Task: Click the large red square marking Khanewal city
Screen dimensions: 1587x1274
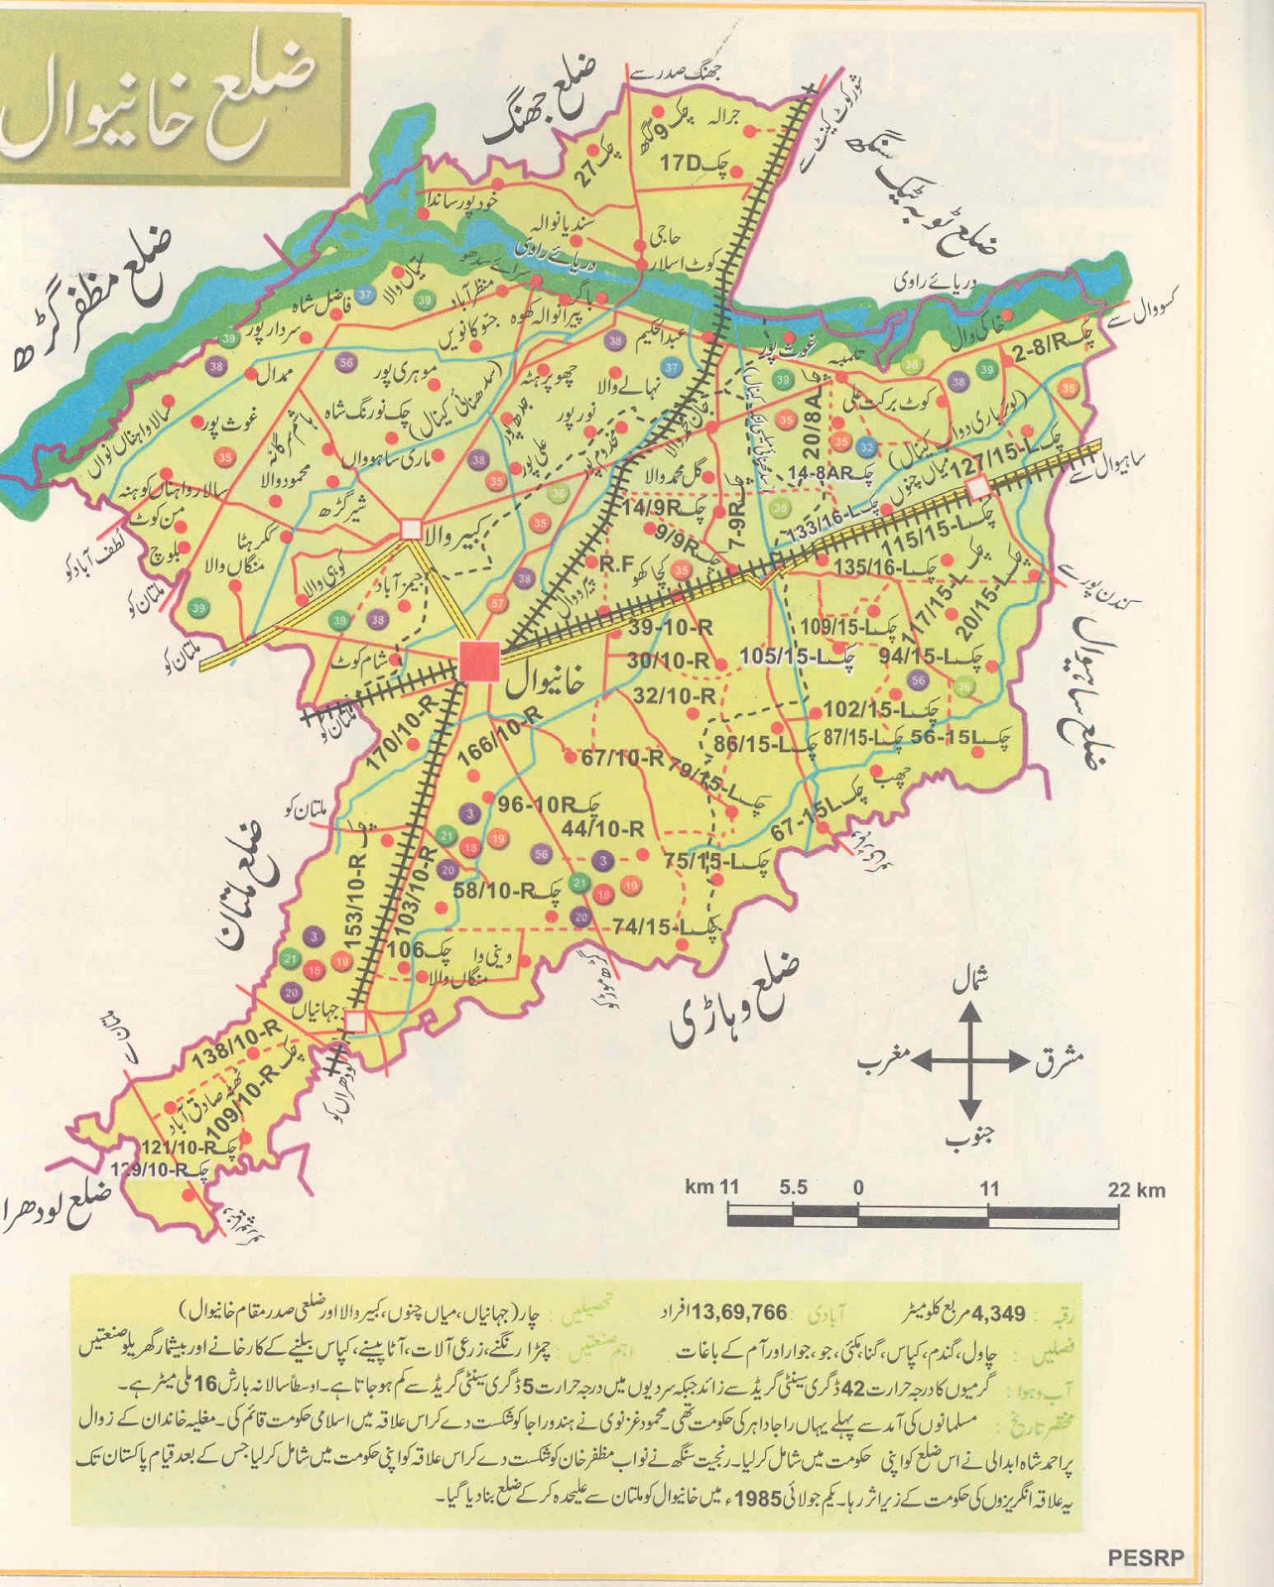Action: [x=479, y=661]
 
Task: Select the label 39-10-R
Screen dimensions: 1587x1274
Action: [x=671, y=628]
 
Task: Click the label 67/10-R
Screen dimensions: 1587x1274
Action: [x=622, y=758]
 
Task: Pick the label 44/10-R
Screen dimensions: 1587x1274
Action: [x=603, y=828]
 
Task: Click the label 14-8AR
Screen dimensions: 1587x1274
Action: [x=821, y=474]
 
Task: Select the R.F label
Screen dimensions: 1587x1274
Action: [x=615, y=563]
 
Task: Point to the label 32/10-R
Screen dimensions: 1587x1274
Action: [x=674, y=696]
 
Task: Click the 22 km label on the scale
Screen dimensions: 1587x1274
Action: [x=1136, y=1189]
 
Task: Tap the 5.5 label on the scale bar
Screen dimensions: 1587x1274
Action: [x=793, y=1187]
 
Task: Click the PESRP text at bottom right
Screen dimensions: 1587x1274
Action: [x=1145, y=1558]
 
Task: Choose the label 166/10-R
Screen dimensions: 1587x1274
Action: [x=500, y=735]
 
